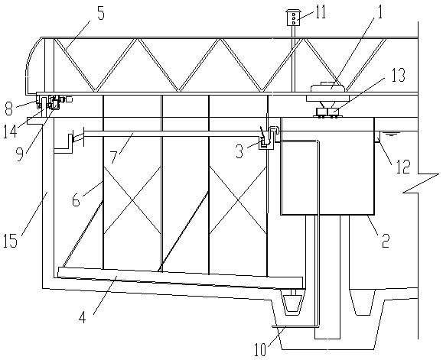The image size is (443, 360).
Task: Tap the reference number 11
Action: [321, 12]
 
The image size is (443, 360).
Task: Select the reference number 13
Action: [398, 75]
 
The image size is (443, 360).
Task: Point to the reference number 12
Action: [402, 167]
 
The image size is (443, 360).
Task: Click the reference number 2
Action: [386, 241]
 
